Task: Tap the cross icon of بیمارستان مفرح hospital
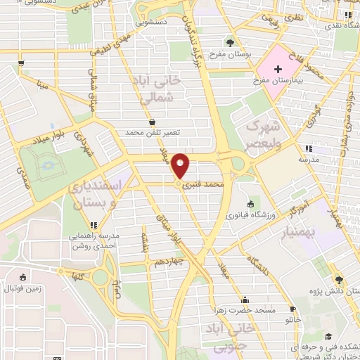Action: click(278, 70)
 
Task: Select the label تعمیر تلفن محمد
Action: click(153, 132)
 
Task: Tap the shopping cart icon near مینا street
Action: click(22, 63)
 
